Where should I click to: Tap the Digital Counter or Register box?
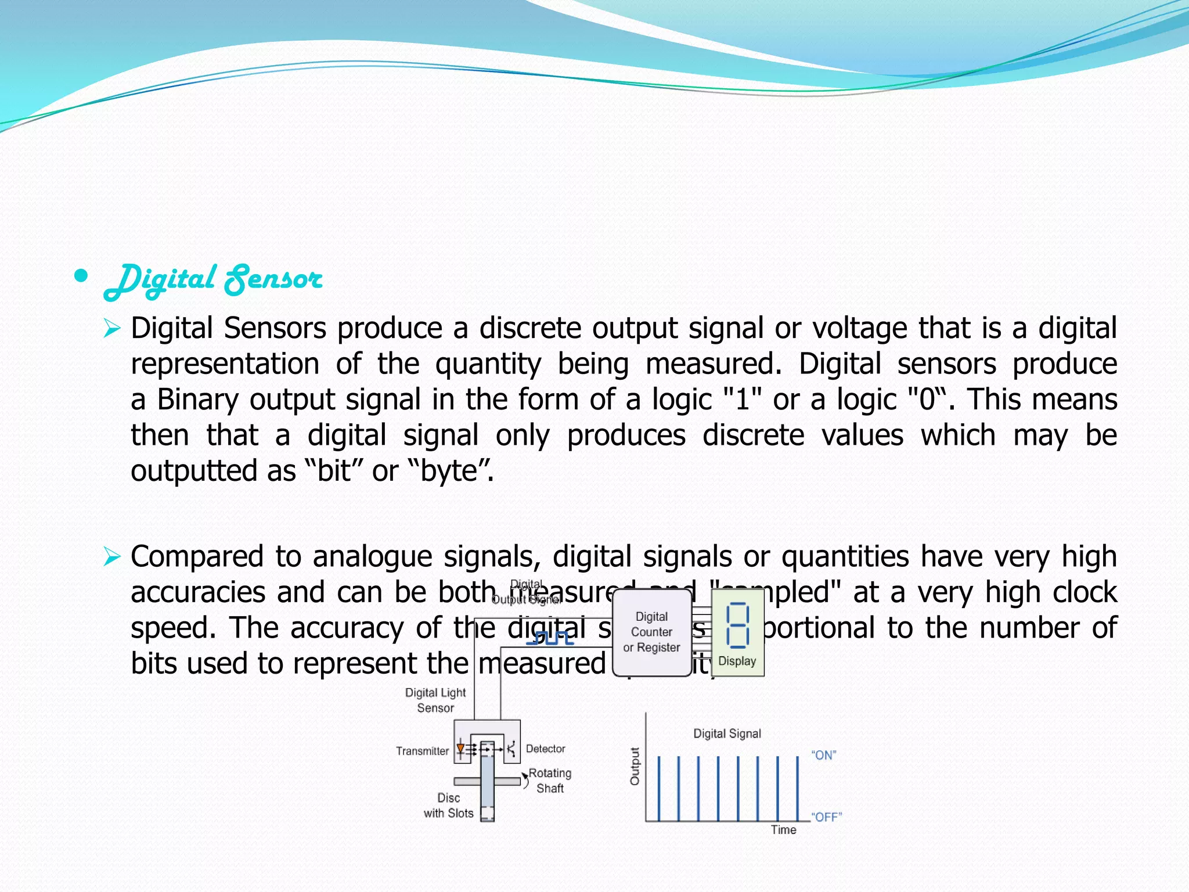tap(651, 632)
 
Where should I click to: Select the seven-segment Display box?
tap(737, 632)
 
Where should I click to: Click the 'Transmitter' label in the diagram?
tap(422, 751)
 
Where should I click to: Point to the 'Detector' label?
tap(545, 749)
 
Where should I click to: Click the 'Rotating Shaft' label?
tap(550, 780)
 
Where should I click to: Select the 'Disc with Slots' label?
tap(448, 805)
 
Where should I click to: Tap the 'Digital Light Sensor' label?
tap(435, 700)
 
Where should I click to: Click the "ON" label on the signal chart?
tap(824, 755)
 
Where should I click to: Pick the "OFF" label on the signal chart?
tap(826, 817)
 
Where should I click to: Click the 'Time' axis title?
tap(783, 830)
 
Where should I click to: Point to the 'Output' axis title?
tap(635, 766)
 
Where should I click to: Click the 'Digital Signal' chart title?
tap(727, 733)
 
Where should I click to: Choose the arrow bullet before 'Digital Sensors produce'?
tap(111, 329)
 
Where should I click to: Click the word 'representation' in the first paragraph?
tap(225, 364)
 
